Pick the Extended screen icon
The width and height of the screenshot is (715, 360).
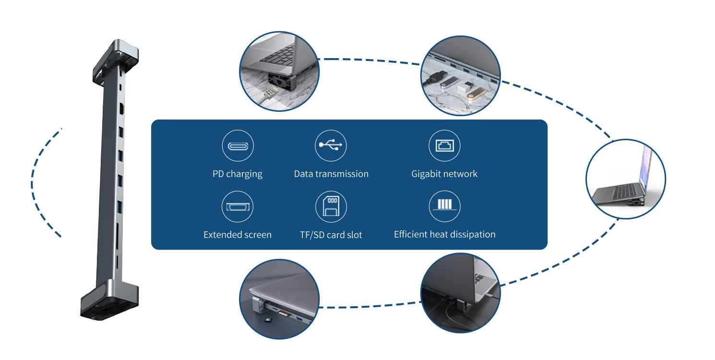pos(238,206)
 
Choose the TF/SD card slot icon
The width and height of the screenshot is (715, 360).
pos(331,206)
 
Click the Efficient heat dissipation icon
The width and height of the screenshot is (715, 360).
pos(444,206)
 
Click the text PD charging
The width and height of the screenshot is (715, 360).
pos(238,174)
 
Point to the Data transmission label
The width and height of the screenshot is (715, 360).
pos(331,174)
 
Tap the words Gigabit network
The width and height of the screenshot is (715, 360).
pos(444,174)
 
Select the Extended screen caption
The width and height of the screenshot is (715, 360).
pos(238,235)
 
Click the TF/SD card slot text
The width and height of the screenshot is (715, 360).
pos(331,235)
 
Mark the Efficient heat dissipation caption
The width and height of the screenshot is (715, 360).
pos(444,235)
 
